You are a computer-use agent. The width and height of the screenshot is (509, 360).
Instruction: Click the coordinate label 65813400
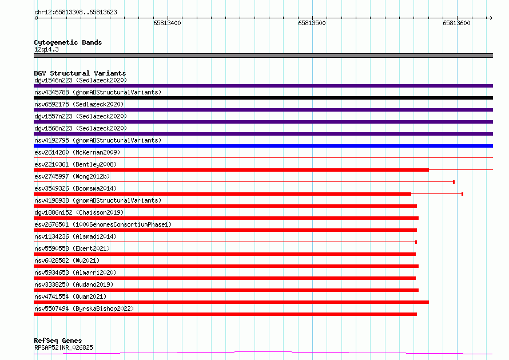[x=167, y=23]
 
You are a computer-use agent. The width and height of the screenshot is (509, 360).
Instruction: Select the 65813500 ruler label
[x=312, y=23]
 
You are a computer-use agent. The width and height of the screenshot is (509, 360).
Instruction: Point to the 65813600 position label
[x=456, y=23]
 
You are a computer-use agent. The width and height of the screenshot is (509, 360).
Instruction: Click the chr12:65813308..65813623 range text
[x=75, y=13]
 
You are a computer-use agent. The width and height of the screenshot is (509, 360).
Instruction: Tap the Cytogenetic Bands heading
[x=68, y=42]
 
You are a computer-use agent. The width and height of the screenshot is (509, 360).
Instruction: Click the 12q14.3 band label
[x=46, y=49]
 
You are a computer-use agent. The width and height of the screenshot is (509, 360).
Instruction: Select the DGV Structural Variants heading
[x=80, y=73]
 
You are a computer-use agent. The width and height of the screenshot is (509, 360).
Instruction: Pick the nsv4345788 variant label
[x=51, y=92]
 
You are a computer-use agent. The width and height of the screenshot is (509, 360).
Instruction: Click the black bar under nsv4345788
[x=263, y=98]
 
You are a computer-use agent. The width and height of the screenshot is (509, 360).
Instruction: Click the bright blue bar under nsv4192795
[x=263, y=146]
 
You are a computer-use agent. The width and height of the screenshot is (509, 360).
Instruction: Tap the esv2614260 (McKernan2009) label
[x=77, y=152]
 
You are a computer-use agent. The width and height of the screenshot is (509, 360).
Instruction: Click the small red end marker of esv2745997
[x=454, y=182]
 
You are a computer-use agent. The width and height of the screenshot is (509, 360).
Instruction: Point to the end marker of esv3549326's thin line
[x=462, y=194]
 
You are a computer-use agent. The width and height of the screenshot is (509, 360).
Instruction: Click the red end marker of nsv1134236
[x=416, y=242]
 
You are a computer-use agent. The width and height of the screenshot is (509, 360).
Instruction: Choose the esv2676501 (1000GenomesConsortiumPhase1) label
[x=103, y=224]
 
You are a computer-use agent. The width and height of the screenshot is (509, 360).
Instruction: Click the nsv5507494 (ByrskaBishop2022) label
[x=84, y=308]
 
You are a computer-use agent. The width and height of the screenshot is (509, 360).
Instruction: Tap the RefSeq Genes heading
[x=58, y=341]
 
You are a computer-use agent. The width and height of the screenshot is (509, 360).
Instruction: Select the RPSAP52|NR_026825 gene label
[x=63, y=347]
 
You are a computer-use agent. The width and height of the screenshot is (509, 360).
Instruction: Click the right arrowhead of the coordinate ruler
[x=492, y=18]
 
